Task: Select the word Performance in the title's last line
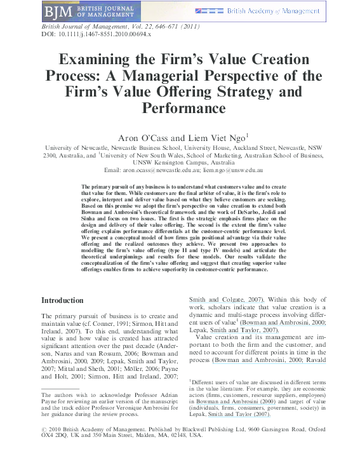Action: click(x=180, y=108)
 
